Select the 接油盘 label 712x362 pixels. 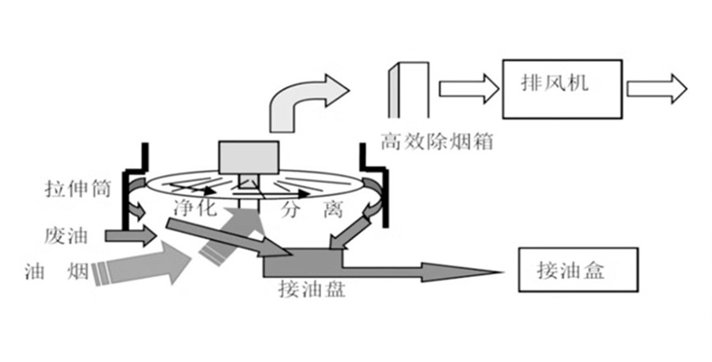[310, 288]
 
